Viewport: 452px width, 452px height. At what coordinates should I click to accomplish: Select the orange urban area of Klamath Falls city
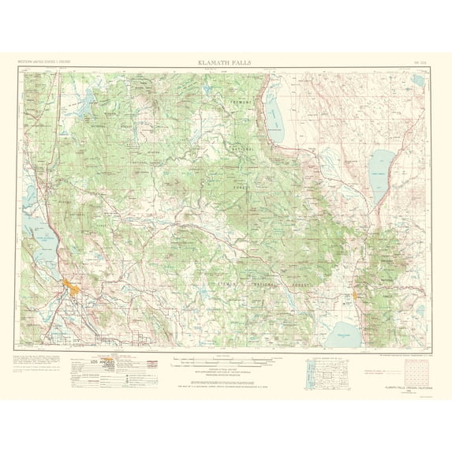click(x=77, y=290)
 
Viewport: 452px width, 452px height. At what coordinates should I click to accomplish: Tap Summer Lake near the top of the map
click(x=276, y=110)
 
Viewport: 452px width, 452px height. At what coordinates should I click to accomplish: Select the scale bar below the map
click(x=226, y=362)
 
